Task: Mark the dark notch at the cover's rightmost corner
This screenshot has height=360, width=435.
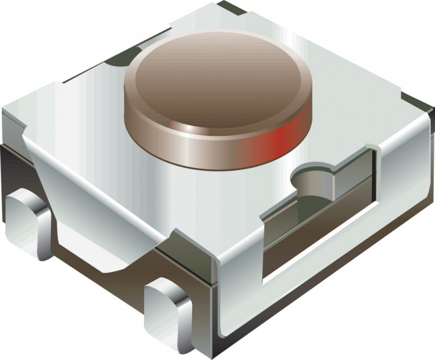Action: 422,104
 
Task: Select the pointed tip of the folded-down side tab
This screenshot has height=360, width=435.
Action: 107,268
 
